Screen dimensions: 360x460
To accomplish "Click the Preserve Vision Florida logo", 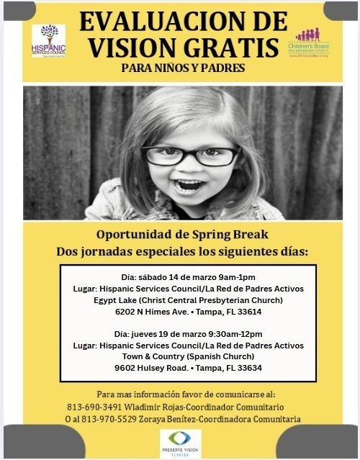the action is pos(180,441).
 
